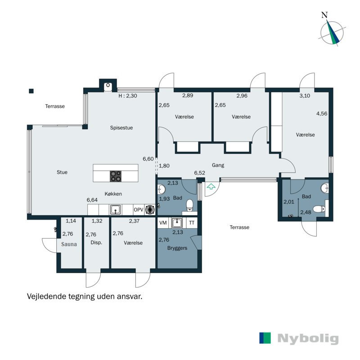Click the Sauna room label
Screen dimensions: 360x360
coord(69,244)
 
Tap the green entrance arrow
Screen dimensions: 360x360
coord(211,186)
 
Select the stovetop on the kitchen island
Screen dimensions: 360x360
coord(116,176)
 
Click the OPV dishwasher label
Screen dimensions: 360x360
coord(139,210)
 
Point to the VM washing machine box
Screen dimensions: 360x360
coord(163,223)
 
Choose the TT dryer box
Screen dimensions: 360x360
coord(192,223)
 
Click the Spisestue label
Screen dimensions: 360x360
coord(121,128)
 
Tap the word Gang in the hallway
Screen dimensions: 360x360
coord(218,165)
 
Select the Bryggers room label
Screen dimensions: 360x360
coord(177,248)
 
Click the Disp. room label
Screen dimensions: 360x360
coord(96,243)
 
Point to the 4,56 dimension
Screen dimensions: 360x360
coord(322,113)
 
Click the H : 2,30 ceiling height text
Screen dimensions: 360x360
coord(128,96)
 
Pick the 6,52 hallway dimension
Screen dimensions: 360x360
coord(199,173)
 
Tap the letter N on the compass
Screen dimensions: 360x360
coord(324,15)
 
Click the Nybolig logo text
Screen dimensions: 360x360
coord(308,339)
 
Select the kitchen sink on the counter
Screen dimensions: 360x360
coord(116,210)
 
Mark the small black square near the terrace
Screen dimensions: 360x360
coord(31,91)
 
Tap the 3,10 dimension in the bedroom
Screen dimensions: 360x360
coord(305,96)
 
